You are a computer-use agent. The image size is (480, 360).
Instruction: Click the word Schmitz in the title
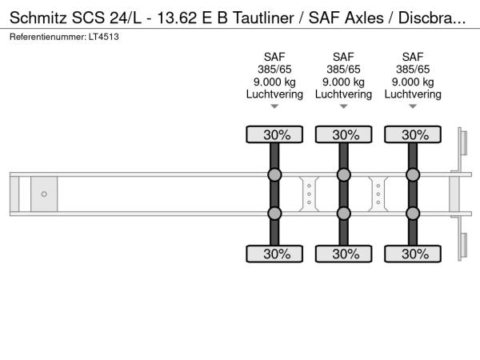pyautogui.click(x=38, y=18)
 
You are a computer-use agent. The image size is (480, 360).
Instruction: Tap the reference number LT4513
pyautogui.click(x=104, y=37)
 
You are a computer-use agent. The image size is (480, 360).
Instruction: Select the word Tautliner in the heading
pyautogui.click(x=263, y=18)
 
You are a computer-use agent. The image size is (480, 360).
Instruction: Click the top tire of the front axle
pyautogui.click(x=274, y=134)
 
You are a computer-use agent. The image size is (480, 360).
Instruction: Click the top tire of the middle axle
pyautogui.click(x=343, y=134)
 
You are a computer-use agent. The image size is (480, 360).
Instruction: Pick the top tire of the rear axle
pyautogui.click(x=413, y=134)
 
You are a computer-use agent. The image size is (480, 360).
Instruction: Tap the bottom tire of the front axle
pyautogui.click(x=274, y=254)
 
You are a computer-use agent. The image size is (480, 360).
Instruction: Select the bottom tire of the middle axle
pyautogui.click(x=343, y=254)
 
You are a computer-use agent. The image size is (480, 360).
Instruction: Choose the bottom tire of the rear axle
pyautogui.click(x=413, y=254)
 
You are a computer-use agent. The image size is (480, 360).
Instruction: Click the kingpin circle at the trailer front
pyautogui.click(x=44, y=194)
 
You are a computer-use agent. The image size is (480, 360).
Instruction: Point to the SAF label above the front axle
pyautogui.click(x=274, y=57)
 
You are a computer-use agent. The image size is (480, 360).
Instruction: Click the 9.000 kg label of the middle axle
pyautogui.click(x=343, y=82)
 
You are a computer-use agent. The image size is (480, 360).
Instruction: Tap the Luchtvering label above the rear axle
pyautogui.click(x=413, y=94)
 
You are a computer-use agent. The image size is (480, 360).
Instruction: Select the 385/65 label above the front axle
pyautogui.click(x=274, y=70)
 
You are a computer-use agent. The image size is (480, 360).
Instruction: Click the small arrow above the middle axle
pyautogui.click(x=343, y=106)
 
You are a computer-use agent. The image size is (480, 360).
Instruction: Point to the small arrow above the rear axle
pyautogui.click(x=413, y=106)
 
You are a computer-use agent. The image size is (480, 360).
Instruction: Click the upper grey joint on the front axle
pyautogui.click(x=274, y=174)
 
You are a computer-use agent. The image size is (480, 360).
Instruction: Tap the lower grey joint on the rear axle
pyautogui.click(x=413, y=214)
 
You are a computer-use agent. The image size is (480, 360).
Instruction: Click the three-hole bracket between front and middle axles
pyautogui.click(x=309, y=194)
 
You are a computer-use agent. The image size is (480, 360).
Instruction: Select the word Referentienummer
pyautogui.click(x=48, y=37)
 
